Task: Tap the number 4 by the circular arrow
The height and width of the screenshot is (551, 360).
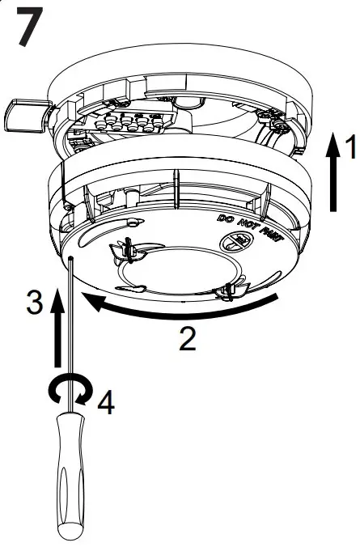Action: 104,402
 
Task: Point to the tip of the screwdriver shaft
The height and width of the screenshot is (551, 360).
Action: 72,260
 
